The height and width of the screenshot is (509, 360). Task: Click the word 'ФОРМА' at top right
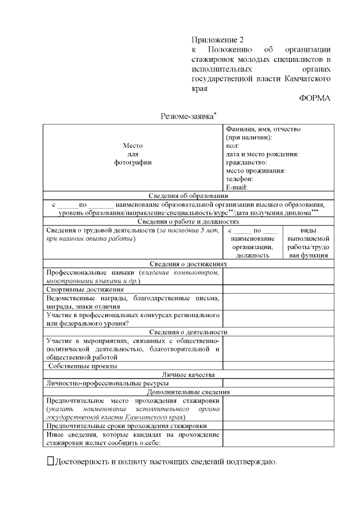(x=314, y=98)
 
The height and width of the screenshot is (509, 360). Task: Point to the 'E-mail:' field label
(x=237, y=187)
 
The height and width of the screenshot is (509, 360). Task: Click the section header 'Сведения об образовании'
(x=188, y=196)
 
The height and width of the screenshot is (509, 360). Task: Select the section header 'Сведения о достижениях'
(x=188, y=263)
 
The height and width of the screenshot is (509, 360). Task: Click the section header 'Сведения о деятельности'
(x=188, y=332)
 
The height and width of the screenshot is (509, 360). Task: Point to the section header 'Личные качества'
(x=188, y=374)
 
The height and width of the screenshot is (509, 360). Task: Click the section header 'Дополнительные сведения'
(x=188, y=391)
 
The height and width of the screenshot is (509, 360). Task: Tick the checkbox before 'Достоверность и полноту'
(x=49, y=461)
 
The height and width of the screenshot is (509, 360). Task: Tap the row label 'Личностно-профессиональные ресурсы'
(x=107, y=383)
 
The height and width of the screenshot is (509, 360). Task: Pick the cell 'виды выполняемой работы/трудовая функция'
(x=308, y=243)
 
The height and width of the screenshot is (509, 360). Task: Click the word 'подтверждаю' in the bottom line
(x=251, y=462)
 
